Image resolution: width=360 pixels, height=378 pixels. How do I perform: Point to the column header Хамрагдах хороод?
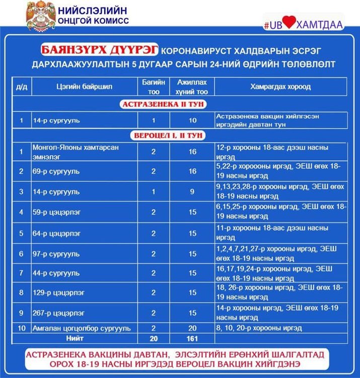280,87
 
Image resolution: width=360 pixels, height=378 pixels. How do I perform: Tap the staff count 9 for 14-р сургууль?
192,192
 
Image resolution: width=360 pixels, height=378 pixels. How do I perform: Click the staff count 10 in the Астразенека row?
192,120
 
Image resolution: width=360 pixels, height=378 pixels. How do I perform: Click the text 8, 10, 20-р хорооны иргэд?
259,328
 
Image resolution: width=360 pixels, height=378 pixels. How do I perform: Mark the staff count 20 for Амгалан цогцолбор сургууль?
192,328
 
